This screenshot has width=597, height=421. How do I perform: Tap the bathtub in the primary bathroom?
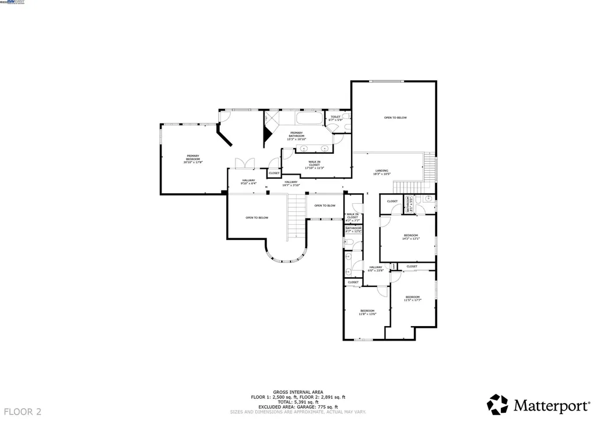(x=308, y=119)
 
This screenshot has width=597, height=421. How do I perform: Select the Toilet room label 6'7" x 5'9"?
(x=335, y=118)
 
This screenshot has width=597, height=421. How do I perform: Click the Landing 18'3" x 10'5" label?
(x=382, y=172)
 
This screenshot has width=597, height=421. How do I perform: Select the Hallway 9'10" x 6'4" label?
(x=248, y=182)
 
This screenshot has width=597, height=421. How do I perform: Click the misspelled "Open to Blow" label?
(x=325, y=206)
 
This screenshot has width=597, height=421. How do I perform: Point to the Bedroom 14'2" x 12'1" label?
(x=410, y=236)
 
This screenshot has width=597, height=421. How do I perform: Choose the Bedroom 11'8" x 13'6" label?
(x=368, y=312)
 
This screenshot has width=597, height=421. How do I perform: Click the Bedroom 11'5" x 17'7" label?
(x=412, y=298)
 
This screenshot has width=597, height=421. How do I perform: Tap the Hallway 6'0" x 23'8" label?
(x=375, y=269)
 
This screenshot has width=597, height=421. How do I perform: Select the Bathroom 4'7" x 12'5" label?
(x=353, y=230)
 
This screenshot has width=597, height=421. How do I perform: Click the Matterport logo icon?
(x=498, y=404)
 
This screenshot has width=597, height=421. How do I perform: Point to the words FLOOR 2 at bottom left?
(x=22, y=412)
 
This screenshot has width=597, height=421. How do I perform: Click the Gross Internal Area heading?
(x=298, y=392)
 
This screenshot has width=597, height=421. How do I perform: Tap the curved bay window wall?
(x=286, y=256)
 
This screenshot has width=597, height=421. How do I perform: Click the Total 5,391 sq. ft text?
(x=298, y=401)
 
